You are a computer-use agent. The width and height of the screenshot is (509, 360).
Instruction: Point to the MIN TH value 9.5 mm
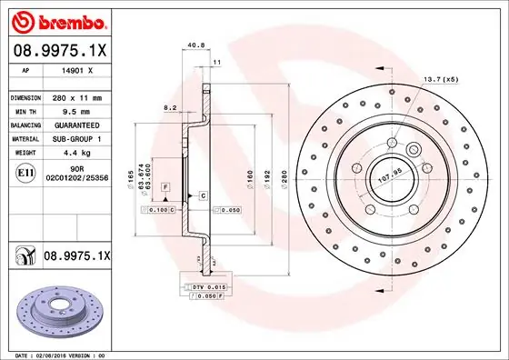72,110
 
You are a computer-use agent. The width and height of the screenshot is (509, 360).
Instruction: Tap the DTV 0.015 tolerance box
208,287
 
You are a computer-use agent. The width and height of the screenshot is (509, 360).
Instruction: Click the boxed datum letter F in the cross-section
166,186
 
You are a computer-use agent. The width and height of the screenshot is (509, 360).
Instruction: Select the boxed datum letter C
203,195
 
